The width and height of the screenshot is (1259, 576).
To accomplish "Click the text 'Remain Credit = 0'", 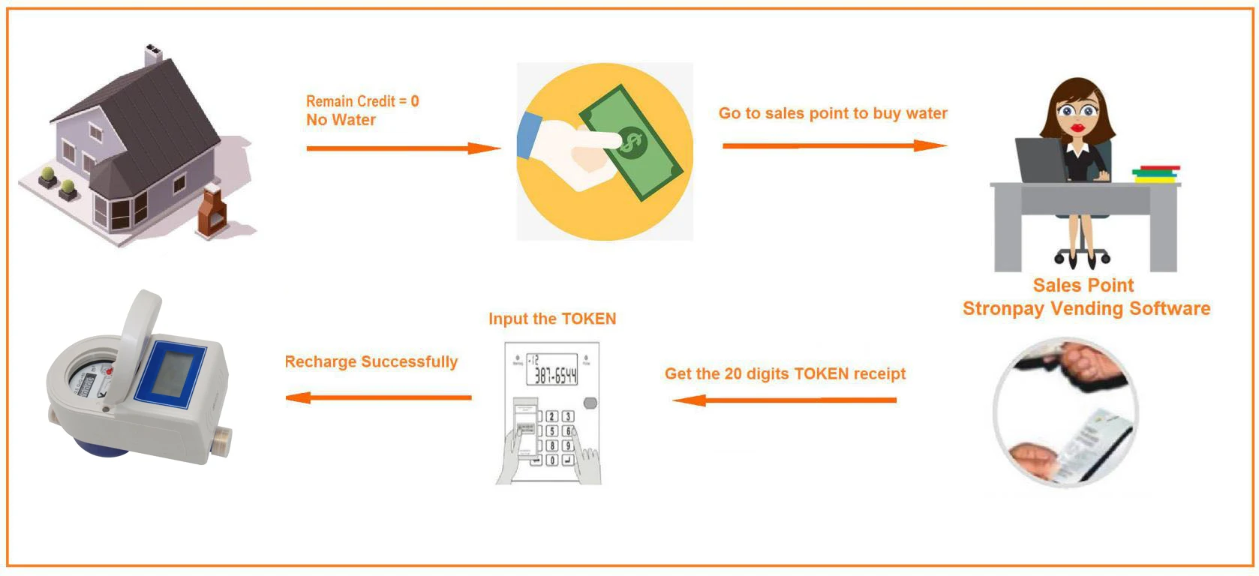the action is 362,101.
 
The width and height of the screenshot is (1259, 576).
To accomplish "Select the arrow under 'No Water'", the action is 403,148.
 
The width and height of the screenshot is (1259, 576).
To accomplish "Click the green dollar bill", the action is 630,142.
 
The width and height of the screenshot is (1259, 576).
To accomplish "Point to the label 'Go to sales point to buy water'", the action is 833,113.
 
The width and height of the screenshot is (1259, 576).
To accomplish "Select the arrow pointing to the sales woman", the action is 834,145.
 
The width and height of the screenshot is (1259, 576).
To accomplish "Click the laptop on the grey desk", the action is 1040,159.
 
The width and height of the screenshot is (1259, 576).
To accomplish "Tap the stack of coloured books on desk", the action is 1155,174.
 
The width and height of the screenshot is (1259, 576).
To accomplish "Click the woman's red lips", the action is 1078,127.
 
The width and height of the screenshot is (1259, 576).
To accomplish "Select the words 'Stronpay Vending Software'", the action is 1086,308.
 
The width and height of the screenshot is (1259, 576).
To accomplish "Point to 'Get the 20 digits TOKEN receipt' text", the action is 785,373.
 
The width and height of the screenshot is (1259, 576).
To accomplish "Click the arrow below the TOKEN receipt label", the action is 785,400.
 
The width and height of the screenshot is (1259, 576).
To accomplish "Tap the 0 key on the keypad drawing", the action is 551,460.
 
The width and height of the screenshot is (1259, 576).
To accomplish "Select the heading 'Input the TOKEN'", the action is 552,319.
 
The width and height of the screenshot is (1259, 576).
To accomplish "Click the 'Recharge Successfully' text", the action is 371,361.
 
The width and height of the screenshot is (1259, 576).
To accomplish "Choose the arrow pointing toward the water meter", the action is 379,397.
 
